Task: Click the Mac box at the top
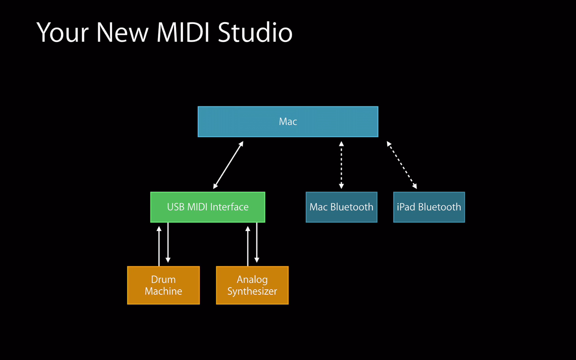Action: pos(288,121)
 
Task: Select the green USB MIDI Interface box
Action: pos(208,207)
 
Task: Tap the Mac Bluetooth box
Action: pos(341,207)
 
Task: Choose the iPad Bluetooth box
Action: pos(429,207)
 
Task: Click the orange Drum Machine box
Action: pos(163,285)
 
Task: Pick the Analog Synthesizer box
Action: pos(252,285)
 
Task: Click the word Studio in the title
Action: pos(255,32)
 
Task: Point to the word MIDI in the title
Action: pos(183,32)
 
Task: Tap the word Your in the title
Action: pos(62,32)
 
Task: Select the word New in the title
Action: pos(123,32)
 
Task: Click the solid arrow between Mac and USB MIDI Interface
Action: pos(228,165)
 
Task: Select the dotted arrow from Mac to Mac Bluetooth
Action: pos(341,165)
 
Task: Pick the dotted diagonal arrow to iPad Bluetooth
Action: pos(402,165)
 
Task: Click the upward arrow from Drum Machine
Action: pos(159,246)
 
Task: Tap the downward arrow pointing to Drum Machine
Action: pos(168,242)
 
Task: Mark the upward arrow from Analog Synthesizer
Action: pos(248,246)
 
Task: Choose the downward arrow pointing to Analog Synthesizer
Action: pos(257,242)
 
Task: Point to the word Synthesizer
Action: pos(252,292)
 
